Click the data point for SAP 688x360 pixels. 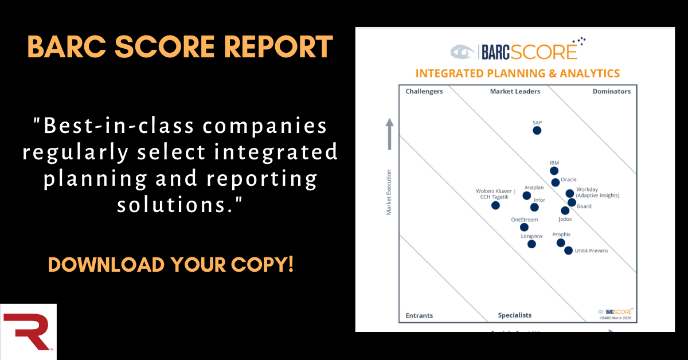click(x=537, y=130)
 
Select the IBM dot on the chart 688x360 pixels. click(x=554, y=171)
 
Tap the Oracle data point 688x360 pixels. click(x=556, y=183)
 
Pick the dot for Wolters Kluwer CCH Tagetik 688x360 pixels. click(x=495, y=205)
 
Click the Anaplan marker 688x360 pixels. click(x=527, y=195)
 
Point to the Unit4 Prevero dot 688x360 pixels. click(x=568, y=251)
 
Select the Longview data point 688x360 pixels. click(x=531, y=244)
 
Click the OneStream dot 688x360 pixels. click(x=524, y=227)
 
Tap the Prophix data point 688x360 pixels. click(x=561, y=242)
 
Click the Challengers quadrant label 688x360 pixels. click(x=424, y=92)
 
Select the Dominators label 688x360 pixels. click(x=612, y=92)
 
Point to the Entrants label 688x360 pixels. click(x=419, y=315)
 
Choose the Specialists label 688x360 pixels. click(x=514, y=315)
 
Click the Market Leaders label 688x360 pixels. click(x=513, y=92)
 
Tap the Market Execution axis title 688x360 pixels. click(x=389, y=192)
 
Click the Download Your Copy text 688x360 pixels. click(x=171, y=264)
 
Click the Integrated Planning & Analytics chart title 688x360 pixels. click(x=517, y=73)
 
